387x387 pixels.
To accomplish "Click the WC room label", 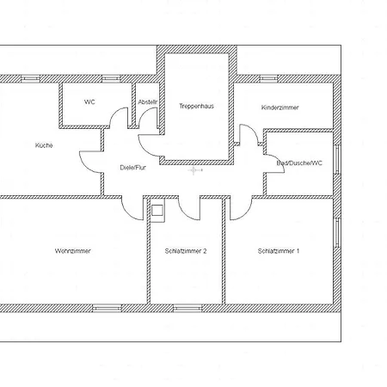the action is pos(89,102).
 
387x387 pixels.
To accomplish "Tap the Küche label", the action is pos(44,145).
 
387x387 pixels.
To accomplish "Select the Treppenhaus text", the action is pos(197,106).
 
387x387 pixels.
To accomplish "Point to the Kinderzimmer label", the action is pos(280,107).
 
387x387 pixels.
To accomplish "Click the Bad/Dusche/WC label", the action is pos(299,163).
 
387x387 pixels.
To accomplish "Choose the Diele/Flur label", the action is pos(133,168).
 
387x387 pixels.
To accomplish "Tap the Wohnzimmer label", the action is pos(73,251).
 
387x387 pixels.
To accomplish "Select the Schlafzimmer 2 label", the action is pos(186,251).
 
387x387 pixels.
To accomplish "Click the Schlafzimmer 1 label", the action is pos(279,251).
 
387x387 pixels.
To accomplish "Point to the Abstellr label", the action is pos(148,102).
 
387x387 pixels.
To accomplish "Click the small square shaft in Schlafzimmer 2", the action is pos(157,211).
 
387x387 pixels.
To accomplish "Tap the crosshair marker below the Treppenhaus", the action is pos(193,170).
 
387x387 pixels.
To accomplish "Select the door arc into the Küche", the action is pos(84,166).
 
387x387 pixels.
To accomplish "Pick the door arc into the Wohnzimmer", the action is pos(127,213).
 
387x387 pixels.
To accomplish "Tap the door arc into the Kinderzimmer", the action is pos(254,131).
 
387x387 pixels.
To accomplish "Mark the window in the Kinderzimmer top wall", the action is pos(269,78).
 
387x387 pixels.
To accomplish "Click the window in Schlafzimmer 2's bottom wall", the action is pos(187,308).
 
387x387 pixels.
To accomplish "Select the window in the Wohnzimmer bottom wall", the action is pos(107,308).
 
